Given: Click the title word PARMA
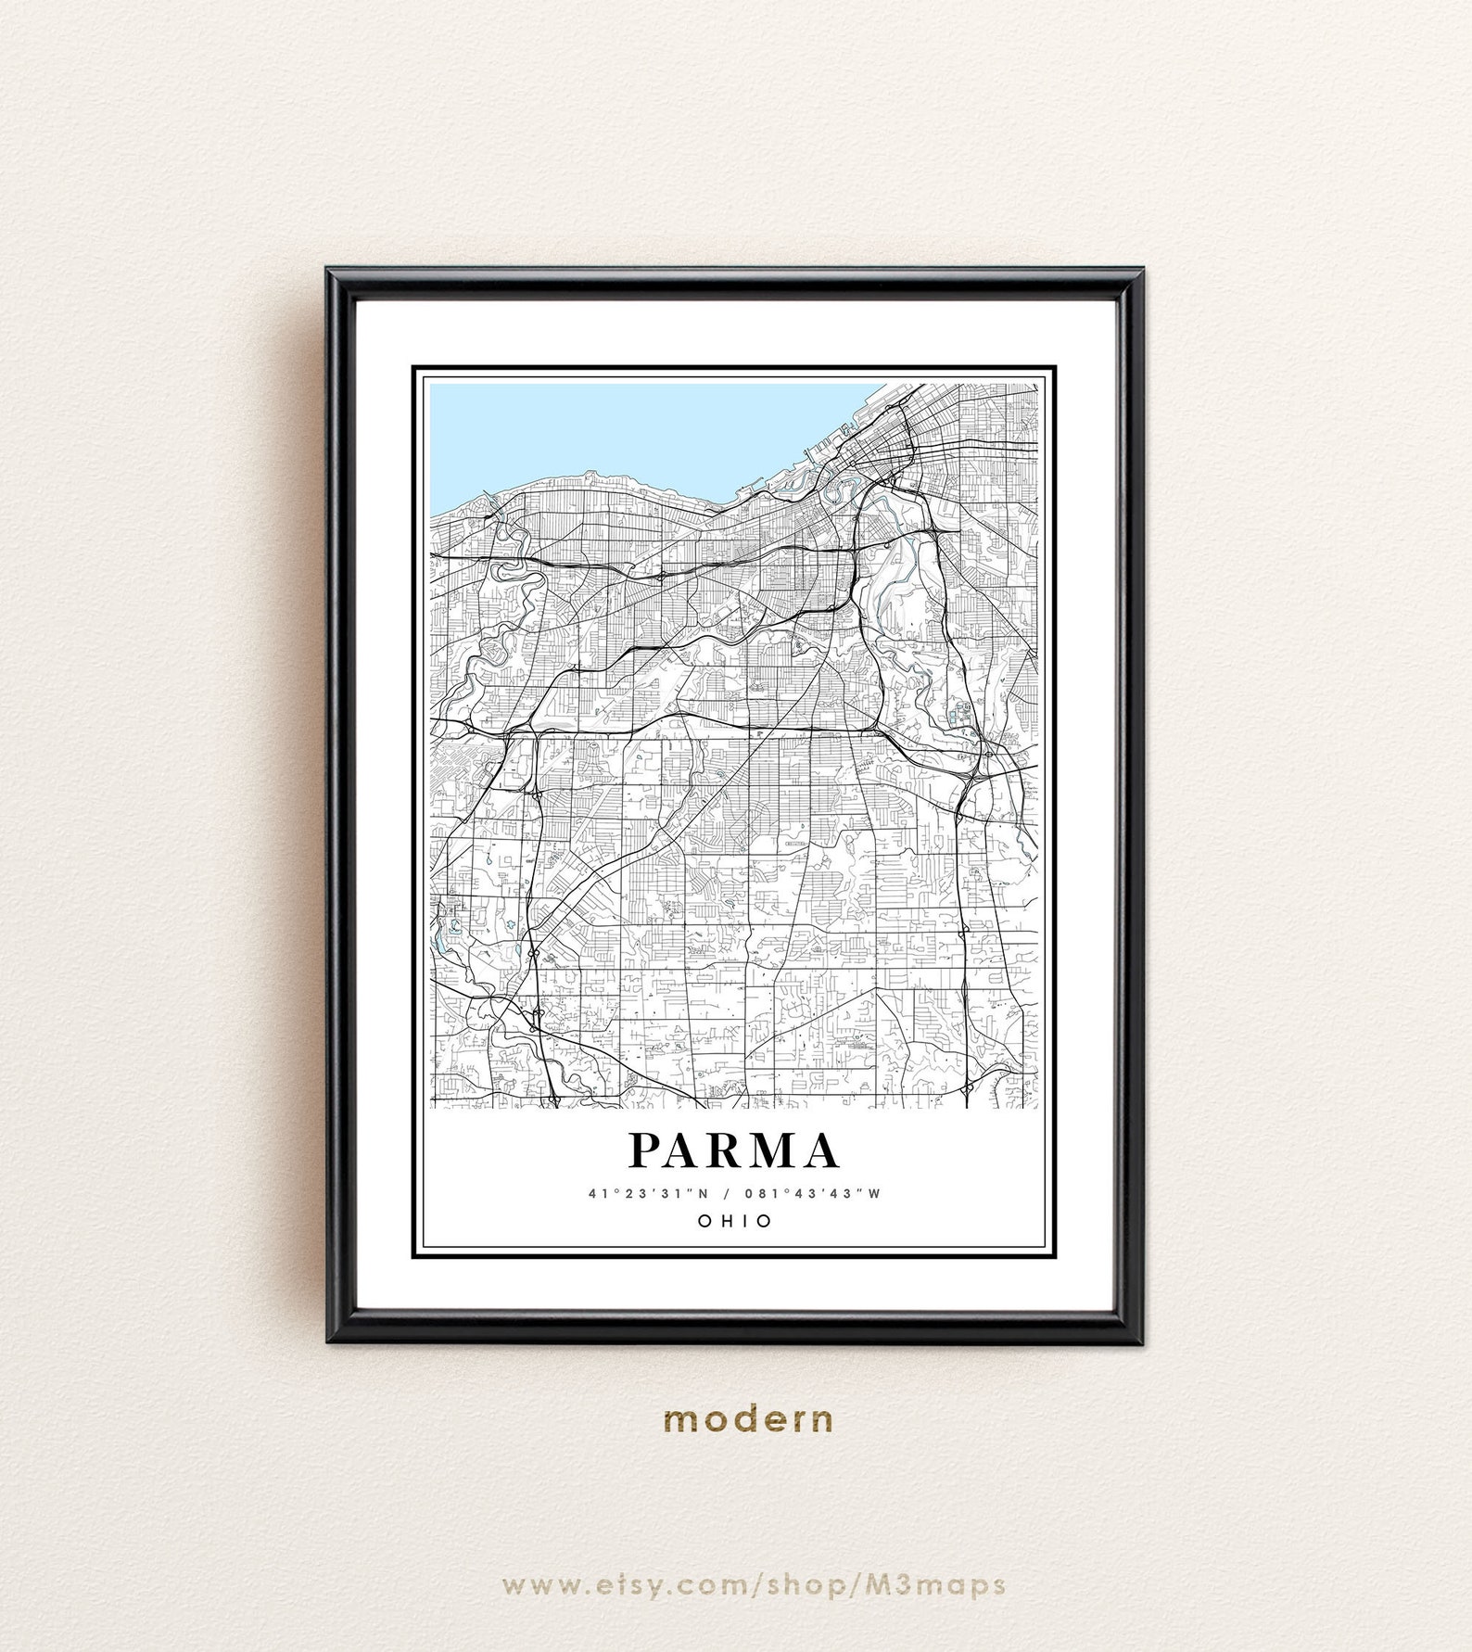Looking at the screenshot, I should tap(734, 1151).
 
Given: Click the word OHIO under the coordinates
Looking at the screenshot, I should tap(734, 1221).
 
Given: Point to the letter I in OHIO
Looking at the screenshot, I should tap(743, 1221).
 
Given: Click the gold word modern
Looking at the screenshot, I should tap(749, 1419).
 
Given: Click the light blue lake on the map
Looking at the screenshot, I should tap(630, 426).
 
